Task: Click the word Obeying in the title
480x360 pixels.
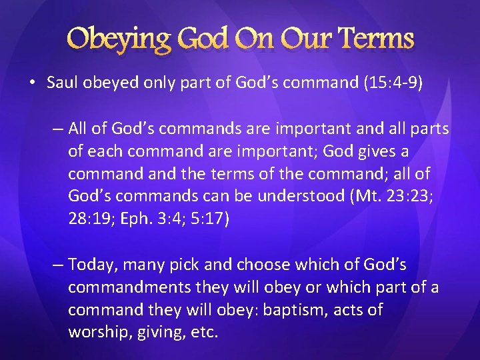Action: [119, 39]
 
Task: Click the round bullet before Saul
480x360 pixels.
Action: [33, 83]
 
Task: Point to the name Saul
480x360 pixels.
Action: [62, 83]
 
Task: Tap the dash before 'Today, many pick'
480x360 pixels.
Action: [58, 265]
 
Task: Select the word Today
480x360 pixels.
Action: [90, 265]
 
